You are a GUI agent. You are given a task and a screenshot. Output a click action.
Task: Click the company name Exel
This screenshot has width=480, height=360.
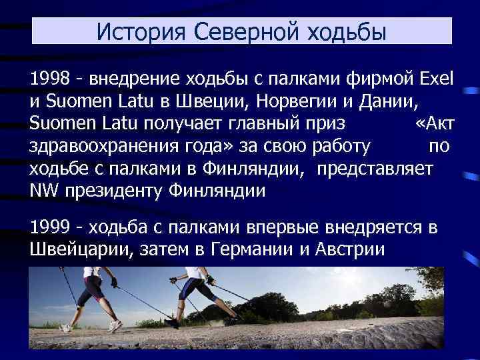coord(437,81)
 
